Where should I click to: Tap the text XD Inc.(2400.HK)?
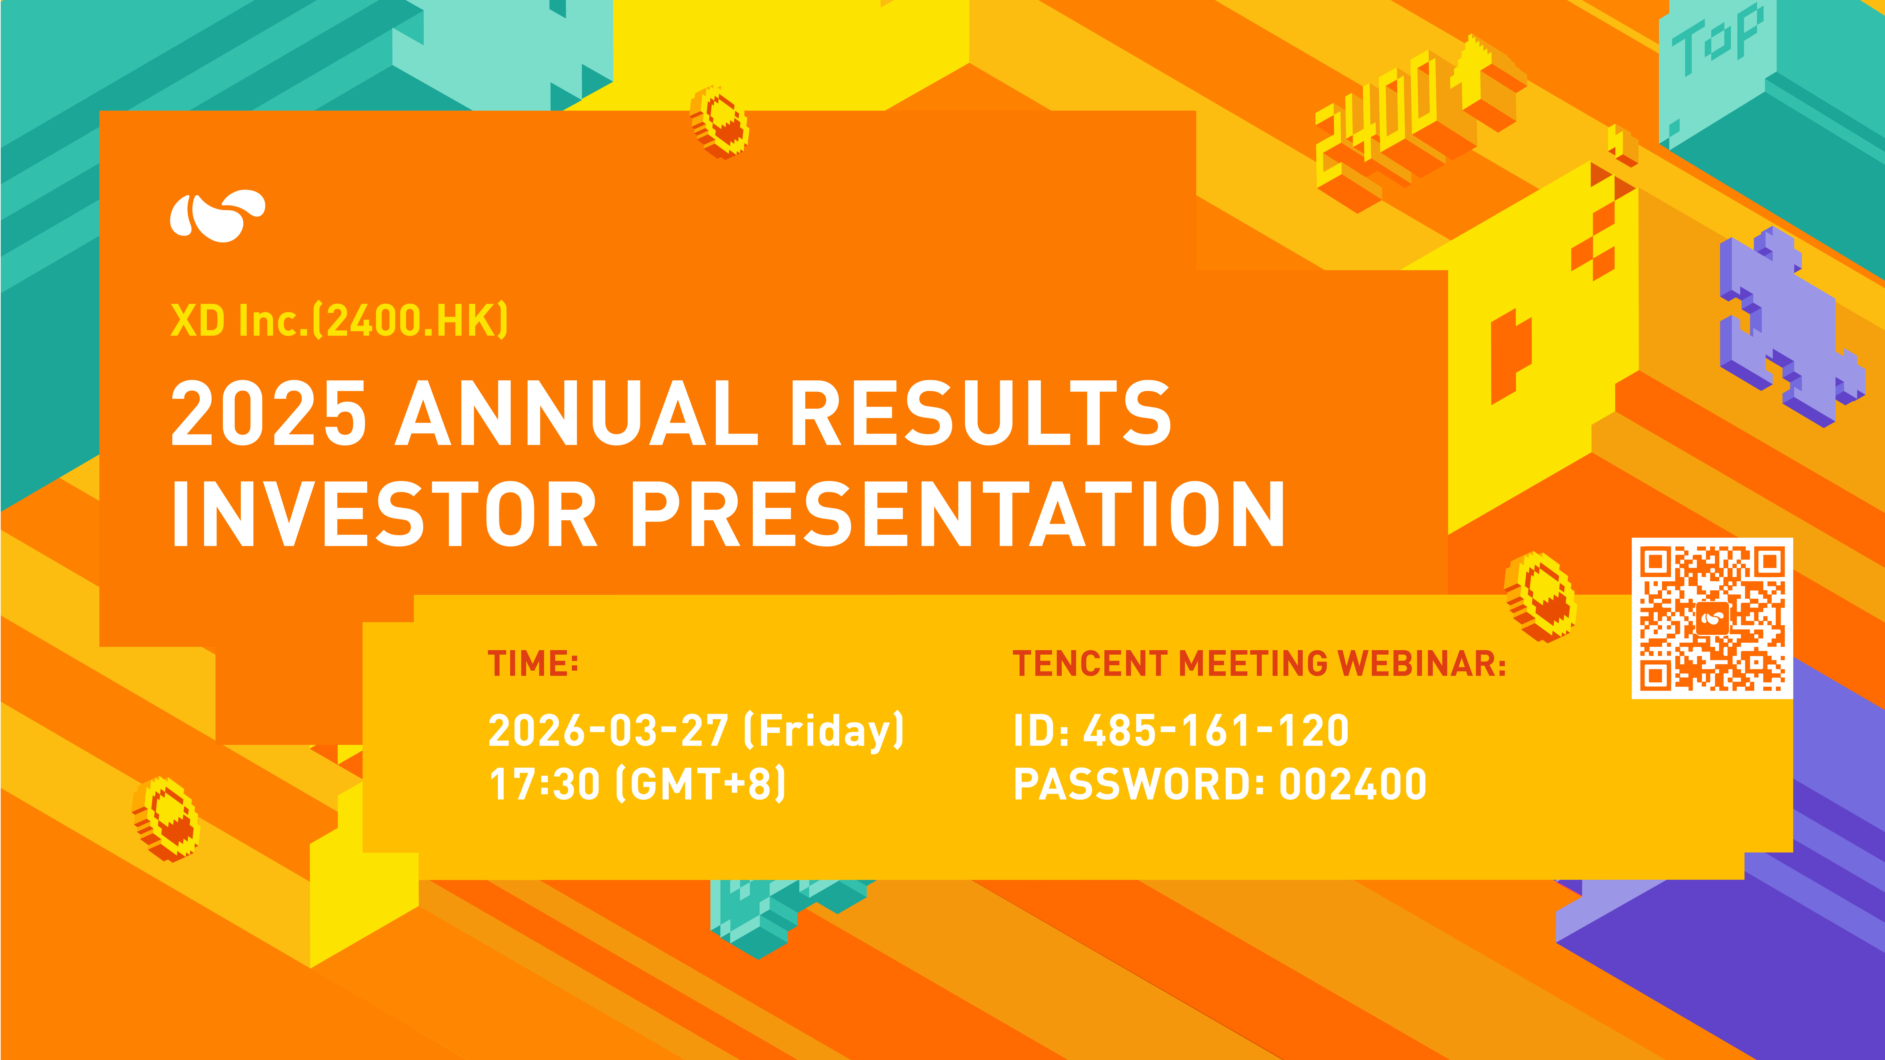click(x=339, y=320)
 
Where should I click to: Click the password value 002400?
click(x=1352, y=783)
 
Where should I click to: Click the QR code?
click(x=1712, y=618)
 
